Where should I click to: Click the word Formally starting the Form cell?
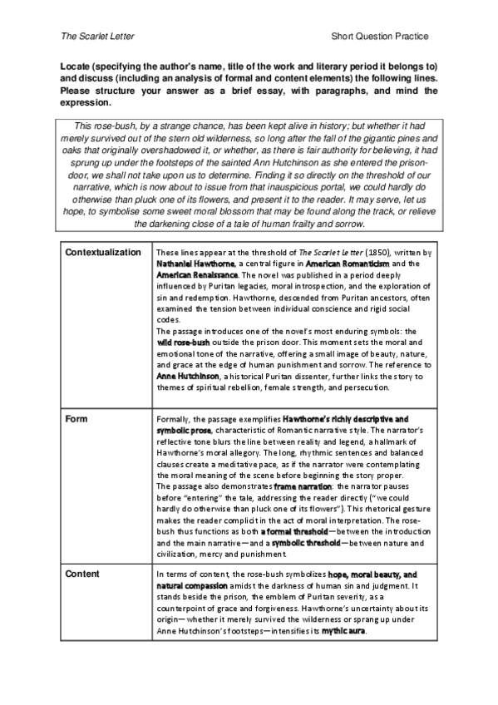[x=173, y=418]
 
